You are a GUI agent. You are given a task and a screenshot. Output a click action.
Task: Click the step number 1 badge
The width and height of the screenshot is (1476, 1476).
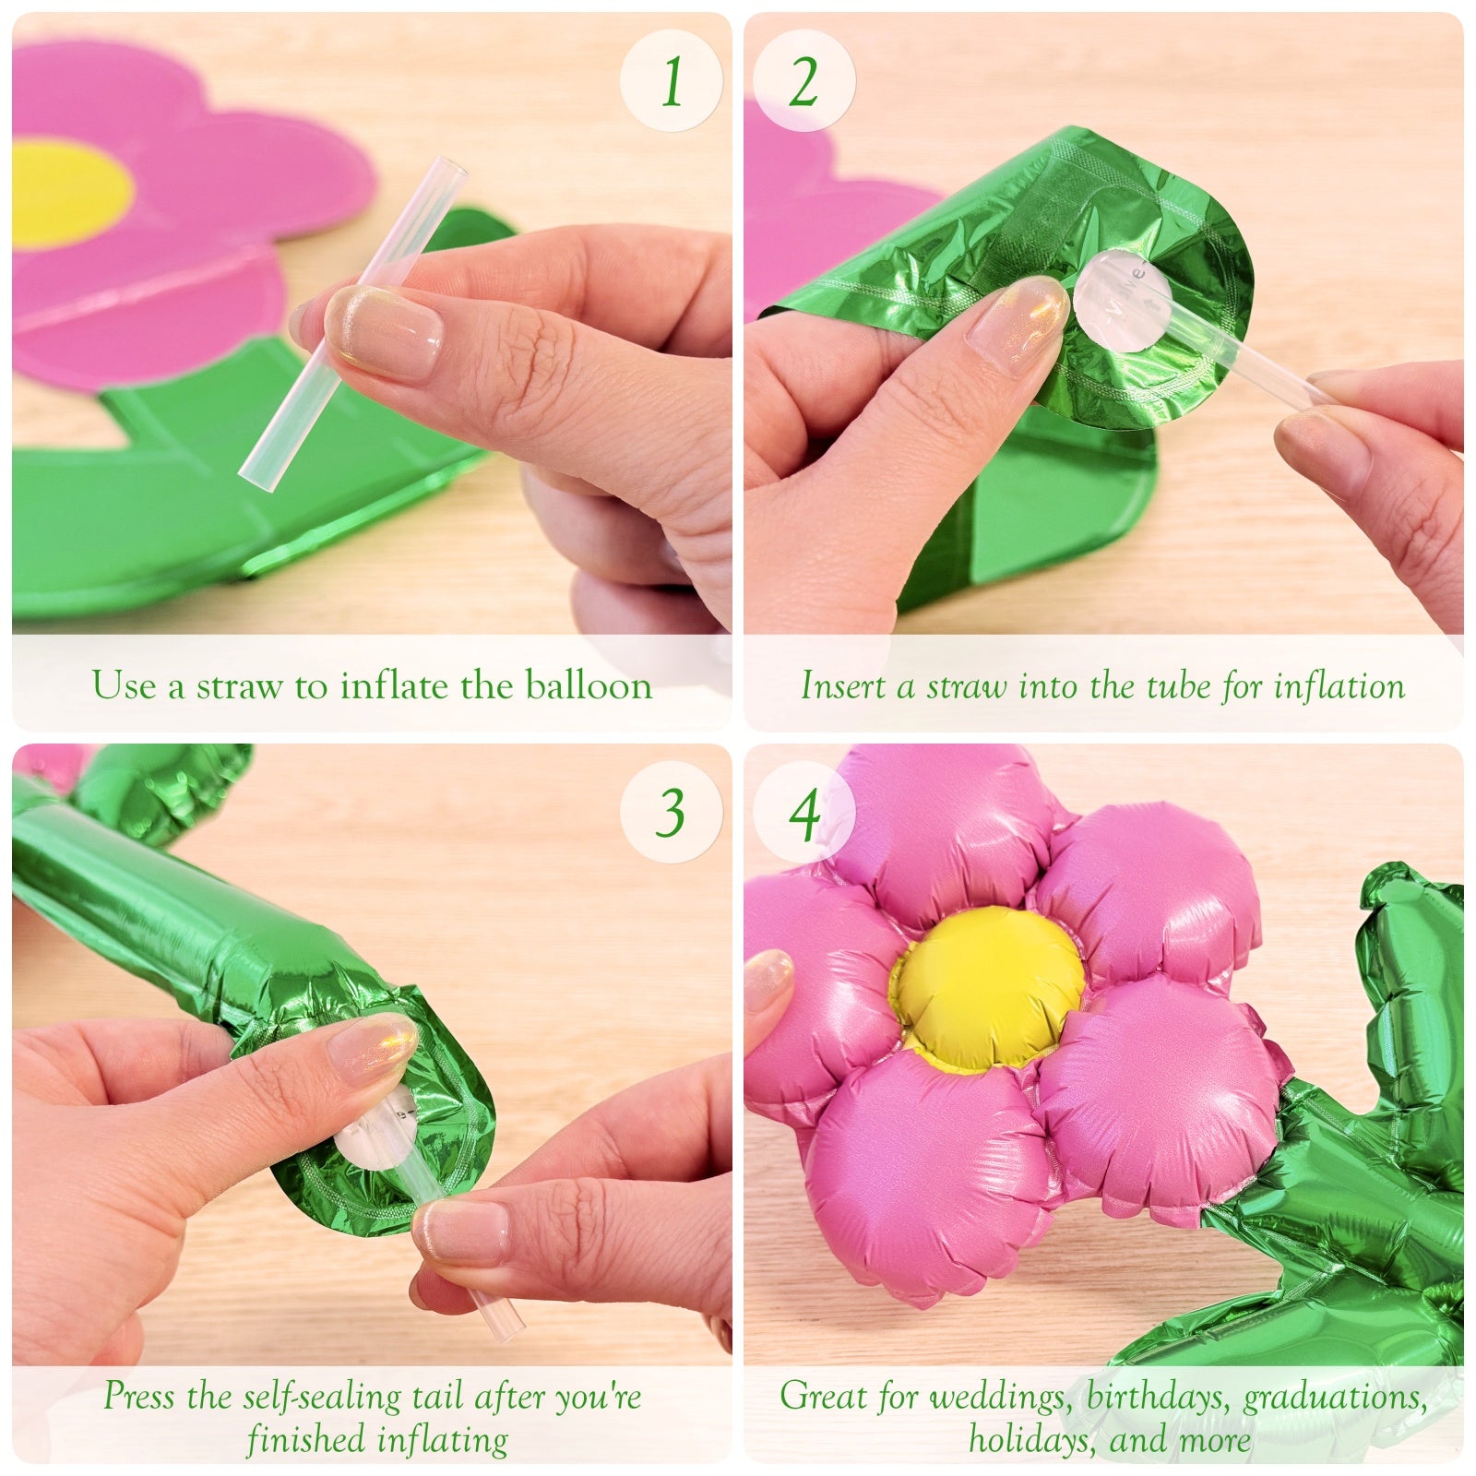tap(671, 81)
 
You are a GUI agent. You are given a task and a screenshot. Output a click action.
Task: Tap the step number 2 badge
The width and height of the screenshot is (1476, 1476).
tap(804, 81)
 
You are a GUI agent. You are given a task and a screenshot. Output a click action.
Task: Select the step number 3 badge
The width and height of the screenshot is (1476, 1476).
tap(671, 812)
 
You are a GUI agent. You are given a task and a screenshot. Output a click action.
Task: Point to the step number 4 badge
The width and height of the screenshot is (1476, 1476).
tap(804, 812)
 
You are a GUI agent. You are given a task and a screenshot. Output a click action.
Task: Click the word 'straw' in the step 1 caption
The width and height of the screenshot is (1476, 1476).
tap(238, 685)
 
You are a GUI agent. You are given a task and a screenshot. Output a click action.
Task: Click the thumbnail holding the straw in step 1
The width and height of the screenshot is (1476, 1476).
tap(385, 330)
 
